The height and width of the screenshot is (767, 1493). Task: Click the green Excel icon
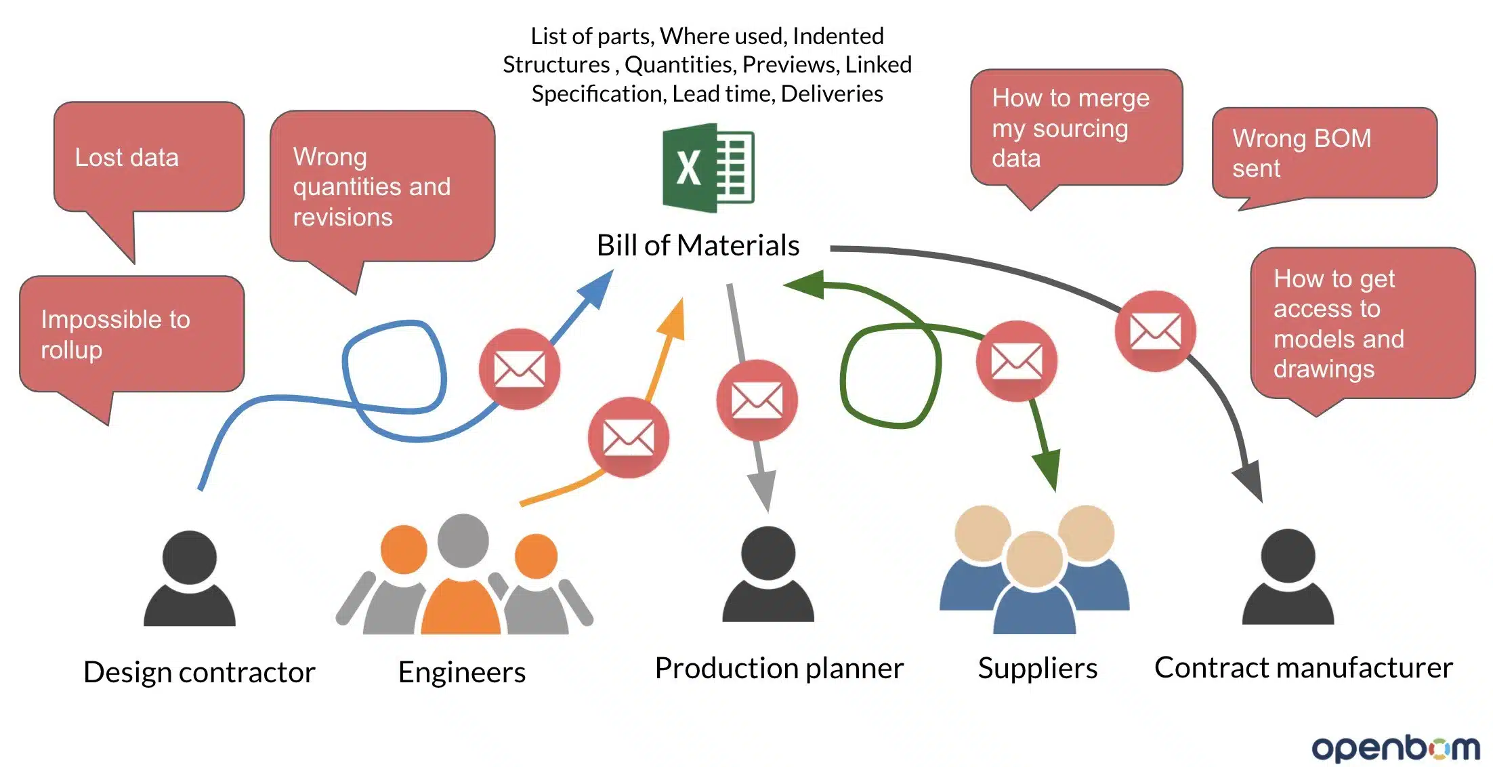(x=708, y=167)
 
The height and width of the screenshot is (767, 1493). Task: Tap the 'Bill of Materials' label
(x=698, y=245)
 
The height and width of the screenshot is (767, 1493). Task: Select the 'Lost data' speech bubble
(x=148, y=163)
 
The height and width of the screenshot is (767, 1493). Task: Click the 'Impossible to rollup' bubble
(x=131, y=335)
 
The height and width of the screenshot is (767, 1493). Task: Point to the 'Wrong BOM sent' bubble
(x=1324, y=154)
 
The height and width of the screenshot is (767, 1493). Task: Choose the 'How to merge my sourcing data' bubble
(x=1076, y=128)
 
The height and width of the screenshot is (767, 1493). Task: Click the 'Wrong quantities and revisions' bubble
(x=382, y=186)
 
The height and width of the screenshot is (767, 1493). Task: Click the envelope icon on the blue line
(x=520, y=369)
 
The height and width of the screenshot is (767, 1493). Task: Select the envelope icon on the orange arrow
(x=629, y=438)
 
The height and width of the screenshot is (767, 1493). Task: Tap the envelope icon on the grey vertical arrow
(x=757, y=400)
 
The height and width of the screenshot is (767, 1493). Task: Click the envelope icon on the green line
(x=1017, y=361)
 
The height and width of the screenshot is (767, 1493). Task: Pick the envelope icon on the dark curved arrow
(x=1156, y=331)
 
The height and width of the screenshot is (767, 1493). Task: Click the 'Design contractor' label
(x=199, y=672)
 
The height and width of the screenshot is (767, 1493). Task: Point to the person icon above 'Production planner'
(x=768, y=575)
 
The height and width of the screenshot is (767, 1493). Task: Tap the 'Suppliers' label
(x=1038, y=669)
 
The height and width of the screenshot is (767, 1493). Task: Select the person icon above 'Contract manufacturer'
(x=1288, y=577)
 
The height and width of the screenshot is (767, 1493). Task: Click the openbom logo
(x=1396, y=748)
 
